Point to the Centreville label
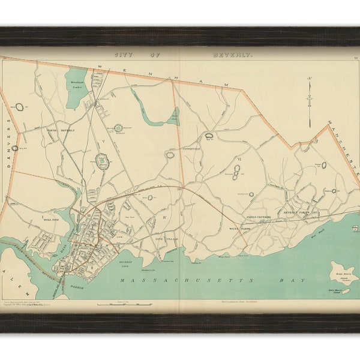point(188,147)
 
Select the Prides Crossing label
point(259,217)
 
